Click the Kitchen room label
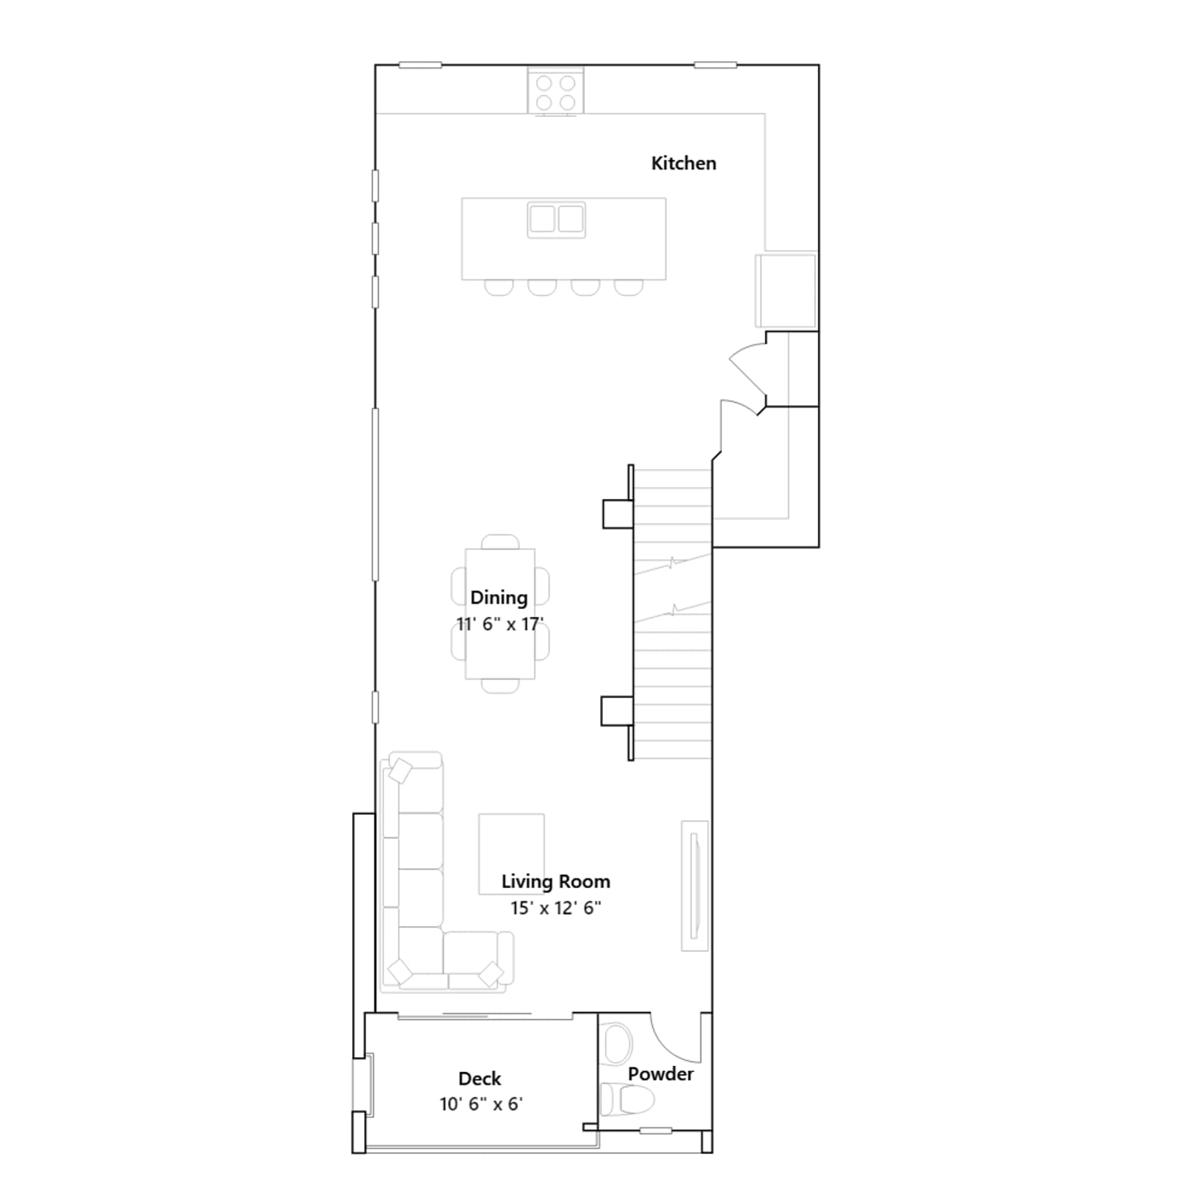click(x=683, y=164)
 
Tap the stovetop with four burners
click(x=555, y=92)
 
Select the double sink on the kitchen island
click(x=556, y=220)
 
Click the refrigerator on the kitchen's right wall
click(x=785, y=290)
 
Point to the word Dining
click(x=499, y=598)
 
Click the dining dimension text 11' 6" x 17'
click(x=499, y=624)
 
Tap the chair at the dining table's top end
click(x=500, y=542)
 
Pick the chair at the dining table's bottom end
click(x=500, y=686)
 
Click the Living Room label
click(x=555, y=881)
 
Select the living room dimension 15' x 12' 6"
click(x=555, y=908)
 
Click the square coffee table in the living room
click(x=511, y=853)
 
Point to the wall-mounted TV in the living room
click(x=695, y=886)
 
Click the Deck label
click(x=479, y=1079)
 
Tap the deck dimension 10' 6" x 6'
click(x=481, y=1104)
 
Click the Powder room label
click(x=660, y=1074)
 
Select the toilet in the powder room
click(x=627, y=1099)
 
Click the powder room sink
click(x=617, y=1044)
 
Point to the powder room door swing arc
click(x=670, y=1046)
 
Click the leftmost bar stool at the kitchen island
click(x=499, y=287)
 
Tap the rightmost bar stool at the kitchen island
click(x=628, y=287)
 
